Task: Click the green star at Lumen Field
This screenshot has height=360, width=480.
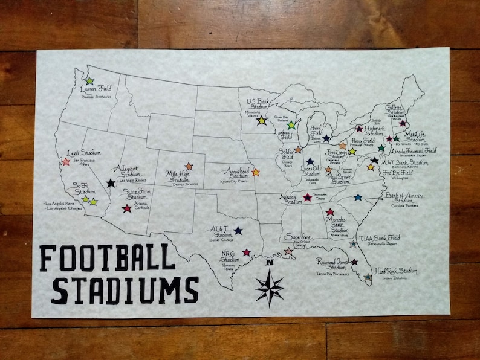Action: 89,80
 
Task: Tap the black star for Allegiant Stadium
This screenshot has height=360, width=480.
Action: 111,183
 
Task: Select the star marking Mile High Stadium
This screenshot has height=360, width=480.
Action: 189,166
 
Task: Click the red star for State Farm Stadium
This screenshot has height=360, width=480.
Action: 126,208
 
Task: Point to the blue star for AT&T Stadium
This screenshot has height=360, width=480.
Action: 238,230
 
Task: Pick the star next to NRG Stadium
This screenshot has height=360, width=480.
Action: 246,252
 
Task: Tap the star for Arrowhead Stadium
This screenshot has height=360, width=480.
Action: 256,172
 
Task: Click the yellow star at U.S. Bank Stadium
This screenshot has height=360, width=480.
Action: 261,121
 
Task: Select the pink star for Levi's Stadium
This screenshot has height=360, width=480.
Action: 66,162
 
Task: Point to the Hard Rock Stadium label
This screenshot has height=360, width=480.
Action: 396,272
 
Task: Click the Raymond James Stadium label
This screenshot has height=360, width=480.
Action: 332,265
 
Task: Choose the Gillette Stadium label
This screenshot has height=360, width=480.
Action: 395,109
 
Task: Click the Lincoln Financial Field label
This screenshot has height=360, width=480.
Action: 413,150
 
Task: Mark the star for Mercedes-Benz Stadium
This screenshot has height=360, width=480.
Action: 330,212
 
